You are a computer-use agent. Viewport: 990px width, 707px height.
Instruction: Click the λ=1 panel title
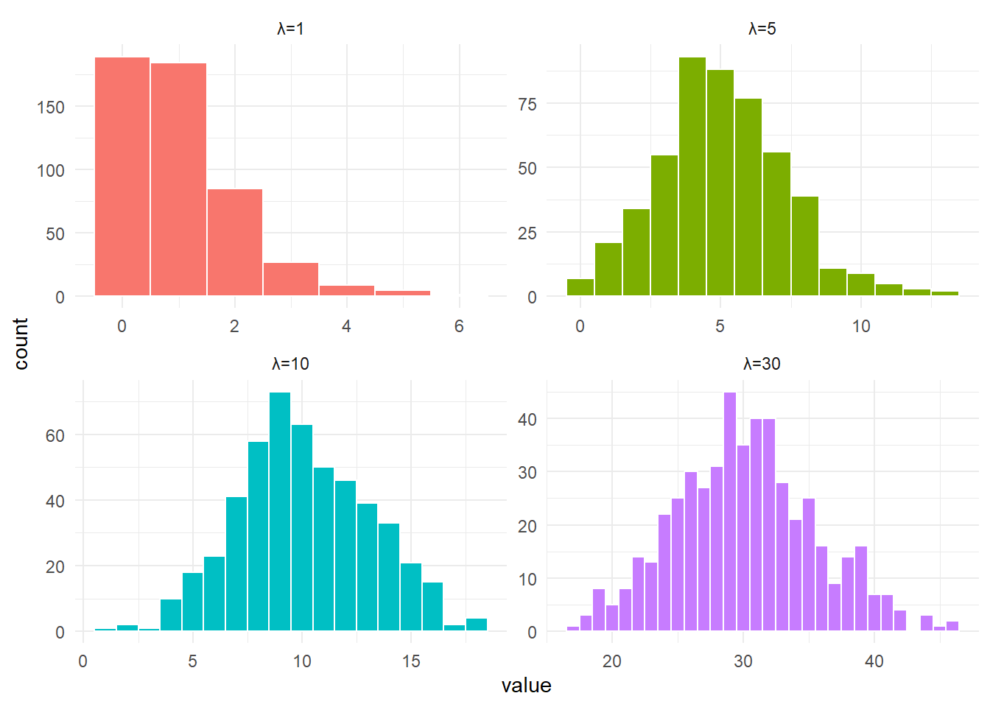point(290,29)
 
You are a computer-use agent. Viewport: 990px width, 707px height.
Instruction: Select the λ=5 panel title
point(762,29)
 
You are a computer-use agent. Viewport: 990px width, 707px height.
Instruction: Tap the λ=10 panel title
point(290,364)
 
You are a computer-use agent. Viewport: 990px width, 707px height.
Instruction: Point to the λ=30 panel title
point(762,364)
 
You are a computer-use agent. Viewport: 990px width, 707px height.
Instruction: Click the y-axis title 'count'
point(21,343)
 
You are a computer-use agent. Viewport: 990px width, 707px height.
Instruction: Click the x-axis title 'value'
point(527,686)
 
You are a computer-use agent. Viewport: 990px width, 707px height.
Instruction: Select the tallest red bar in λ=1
point(122,176)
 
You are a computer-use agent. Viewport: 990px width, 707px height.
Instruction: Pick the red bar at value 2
point(235,242)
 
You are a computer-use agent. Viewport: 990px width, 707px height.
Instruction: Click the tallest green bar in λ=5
point(692,176)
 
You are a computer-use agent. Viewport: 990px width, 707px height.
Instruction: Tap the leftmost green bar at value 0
point(580,287)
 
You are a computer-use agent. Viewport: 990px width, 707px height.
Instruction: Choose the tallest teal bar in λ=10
point(280,511)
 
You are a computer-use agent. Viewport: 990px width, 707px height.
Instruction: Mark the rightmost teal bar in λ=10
point(477,625)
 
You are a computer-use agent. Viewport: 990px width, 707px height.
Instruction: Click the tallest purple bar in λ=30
point(730,511)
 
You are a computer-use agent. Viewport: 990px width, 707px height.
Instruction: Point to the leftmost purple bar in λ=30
point(573,628)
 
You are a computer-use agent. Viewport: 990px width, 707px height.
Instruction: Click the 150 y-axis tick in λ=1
point(51,108)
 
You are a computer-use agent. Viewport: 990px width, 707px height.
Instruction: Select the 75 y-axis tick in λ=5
point(527,105)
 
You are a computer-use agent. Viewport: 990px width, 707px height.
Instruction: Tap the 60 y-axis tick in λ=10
point(55,436)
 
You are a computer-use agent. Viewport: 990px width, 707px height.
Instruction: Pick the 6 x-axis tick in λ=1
point(459,326)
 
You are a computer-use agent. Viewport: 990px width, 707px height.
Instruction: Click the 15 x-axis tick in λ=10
point(411,661)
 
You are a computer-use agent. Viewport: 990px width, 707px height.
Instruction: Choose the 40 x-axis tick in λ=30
point(874,661)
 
